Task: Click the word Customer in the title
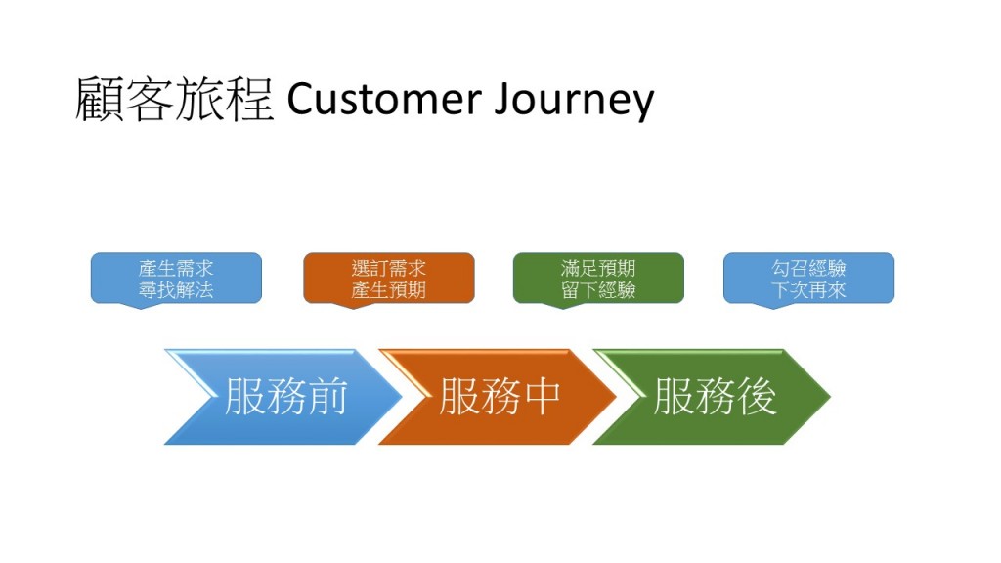[x=384, y=99]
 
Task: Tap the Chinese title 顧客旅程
[x=174, y=99]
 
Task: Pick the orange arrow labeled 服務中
[x=498, y=397]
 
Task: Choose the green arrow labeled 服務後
[x=713, y=397]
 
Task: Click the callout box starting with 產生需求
[x=176, y=279]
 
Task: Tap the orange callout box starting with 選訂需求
[x=389, y=279]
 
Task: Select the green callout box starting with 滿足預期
[x=598, y=279]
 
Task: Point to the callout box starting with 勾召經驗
[x=808, y=279]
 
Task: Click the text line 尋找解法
[x=176, y=290]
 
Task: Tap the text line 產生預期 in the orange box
[x=389, y=290]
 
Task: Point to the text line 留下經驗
[x=598, y=290]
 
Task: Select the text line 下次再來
[x=808, y=290]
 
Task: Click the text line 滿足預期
[x=598, y=268]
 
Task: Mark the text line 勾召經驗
[x=808, y=268]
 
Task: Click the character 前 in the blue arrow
[x=327, y=397]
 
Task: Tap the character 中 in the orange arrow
[x=542, y=397]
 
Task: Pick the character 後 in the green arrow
[x=758, y=397]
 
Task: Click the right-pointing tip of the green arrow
[x=830, y=397]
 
